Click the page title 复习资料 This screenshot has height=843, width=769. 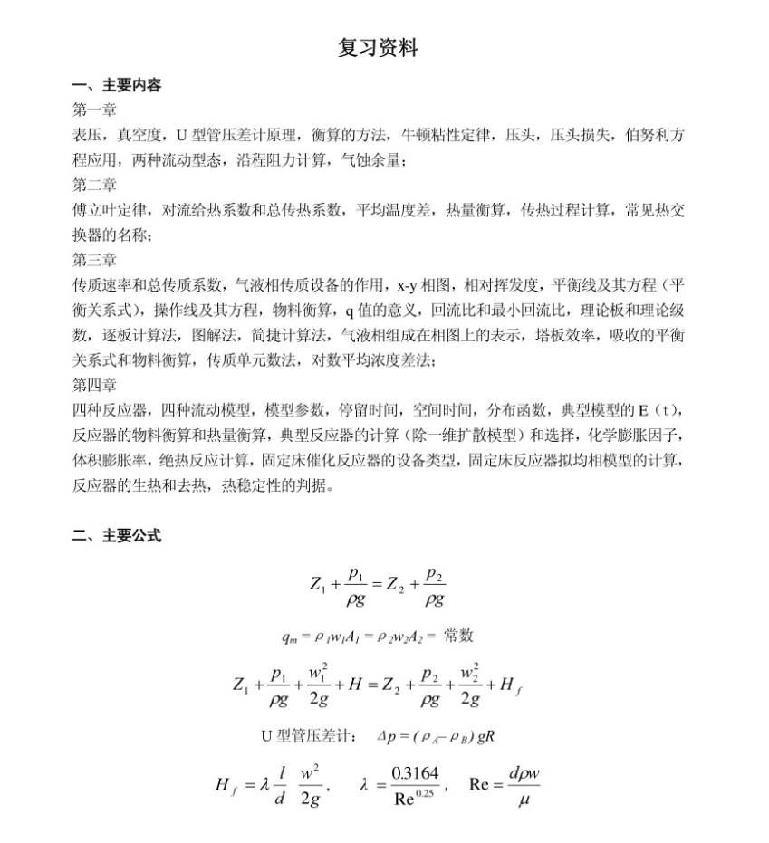[x=378, y=48]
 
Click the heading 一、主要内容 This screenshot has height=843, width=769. [x=117, y=86]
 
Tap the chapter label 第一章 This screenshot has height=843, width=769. [x=94, y=110]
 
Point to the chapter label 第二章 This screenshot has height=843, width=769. [x=94, y=186]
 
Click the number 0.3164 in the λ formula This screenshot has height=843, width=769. [x=414, y=774]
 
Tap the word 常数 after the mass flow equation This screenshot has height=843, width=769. [x=459, y=636]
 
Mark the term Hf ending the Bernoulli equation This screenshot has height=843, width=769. [x=510, y=685]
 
